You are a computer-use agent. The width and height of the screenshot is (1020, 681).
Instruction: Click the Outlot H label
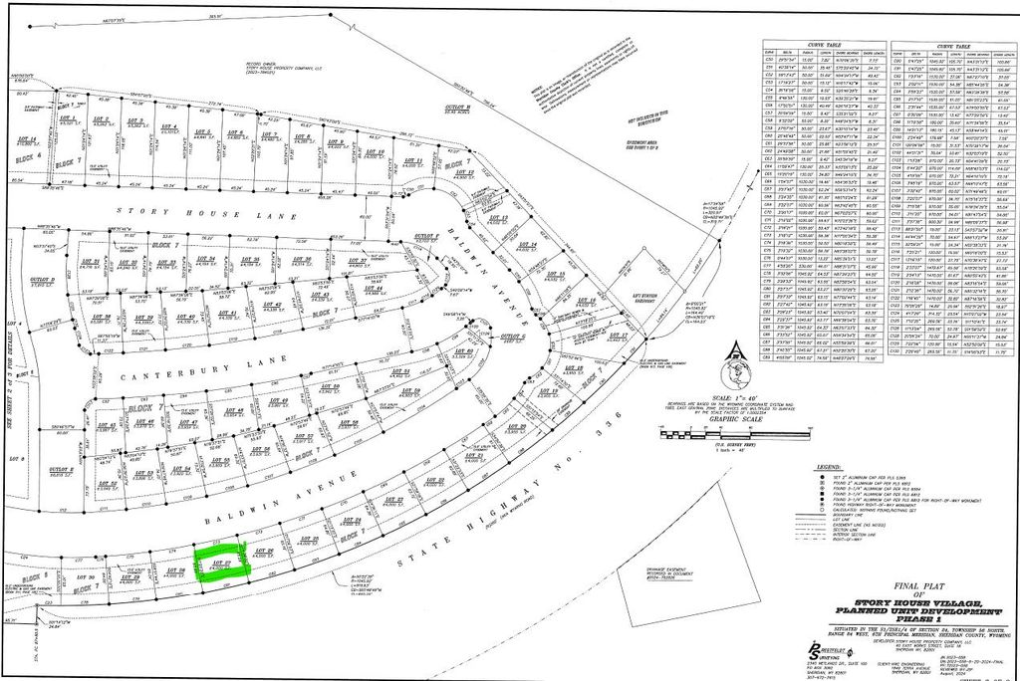coord(457,107)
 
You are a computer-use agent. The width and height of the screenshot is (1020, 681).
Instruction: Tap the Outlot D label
coord(41,282)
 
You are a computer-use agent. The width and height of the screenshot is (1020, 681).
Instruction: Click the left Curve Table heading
coord(824,43)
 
